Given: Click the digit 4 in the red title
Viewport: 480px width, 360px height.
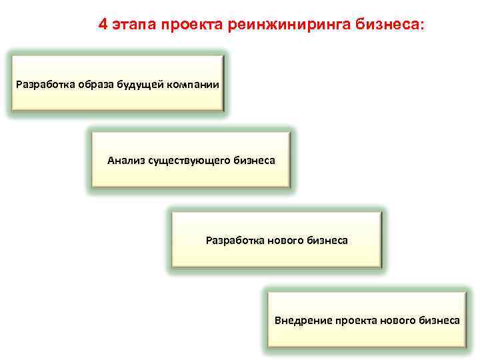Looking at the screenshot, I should point(103,25).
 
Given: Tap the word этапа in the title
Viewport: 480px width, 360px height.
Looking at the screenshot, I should point(133,25).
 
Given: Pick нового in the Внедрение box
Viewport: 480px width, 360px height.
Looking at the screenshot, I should point(399,321).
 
